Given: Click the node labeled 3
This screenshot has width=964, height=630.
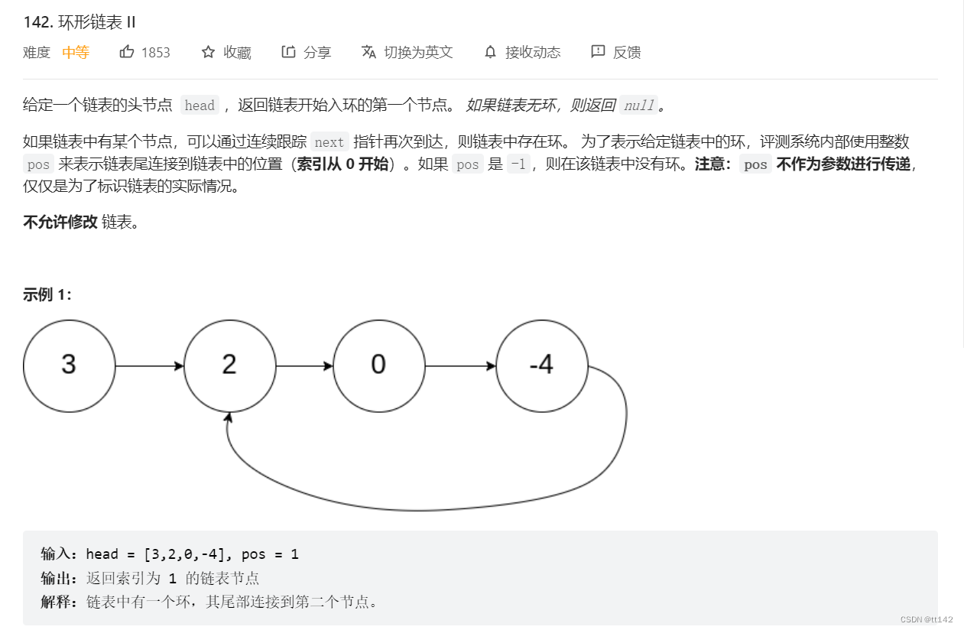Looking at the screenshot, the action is pyautogui.click(x=69, y=365).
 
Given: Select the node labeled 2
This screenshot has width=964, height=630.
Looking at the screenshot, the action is pyautogui.click(x=229, y=365).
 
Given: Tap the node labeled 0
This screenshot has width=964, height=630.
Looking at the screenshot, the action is pyautogui.click(x=378, y=365).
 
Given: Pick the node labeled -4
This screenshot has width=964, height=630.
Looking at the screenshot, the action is pyautogui.click(x=541, y=365).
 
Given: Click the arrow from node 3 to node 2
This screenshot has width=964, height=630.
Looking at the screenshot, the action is pyautogui.click(x=149, y=366).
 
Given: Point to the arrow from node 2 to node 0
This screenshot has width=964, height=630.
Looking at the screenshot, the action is pyautogui.click(x=304, y=366).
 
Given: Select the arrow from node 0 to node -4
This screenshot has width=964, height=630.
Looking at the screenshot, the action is pyautogui.click(x=460, y=366).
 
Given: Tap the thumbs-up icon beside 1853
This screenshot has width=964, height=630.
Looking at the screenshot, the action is pyautogui.click(x=127, y=52).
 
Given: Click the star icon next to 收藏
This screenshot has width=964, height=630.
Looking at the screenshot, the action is pyautogui.click(x=208, y=52).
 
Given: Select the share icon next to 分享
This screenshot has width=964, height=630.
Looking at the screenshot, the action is pyautogui.click(x=288, y=52).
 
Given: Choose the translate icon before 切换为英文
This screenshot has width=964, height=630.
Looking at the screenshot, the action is pyautogui.click(x=368, y=52).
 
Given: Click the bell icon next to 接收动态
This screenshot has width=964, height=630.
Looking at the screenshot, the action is pyautogui.click(x=490, y=52).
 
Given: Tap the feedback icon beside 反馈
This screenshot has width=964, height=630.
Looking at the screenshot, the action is pyautogui.click(x=598, y=52).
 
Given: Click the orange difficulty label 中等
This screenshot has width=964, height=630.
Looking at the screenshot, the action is pyautogui.click(x=76, y=53).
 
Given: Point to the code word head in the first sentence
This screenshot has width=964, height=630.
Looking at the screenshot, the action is pyautogui.click(x=200, y=106).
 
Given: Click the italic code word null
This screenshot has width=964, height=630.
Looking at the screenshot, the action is pyautogui.click(x=639, y=106).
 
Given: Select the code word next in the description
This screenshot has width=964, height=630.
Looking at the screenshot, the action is pyautogui.click(x=329, y=142).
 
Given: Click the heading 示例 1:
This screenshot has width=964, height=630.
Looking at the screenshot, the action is pyautogui.click(x=47, y=294).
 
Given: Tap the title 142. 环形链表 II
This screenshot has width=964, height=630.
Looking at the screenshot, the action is pyautogui.click(x=80, y=21).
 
